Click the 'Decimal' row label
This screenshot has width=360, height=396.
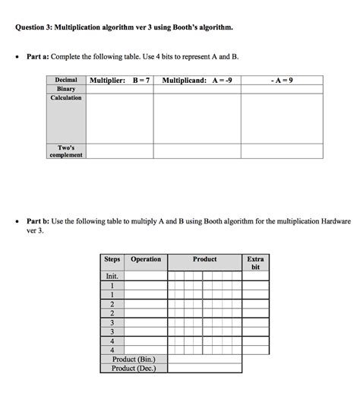pos(66,80)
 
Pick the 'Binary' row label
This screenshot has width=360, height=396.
pos(66,89)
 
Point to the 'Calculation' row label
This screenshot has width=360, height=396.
pos(66,98)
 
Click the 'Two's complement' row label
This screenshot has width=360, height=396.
pos(66,151)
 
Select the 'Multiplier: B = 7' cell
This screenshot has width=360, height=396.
pos(120,80)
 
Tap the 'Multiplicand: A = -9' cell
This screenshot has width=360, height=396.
pos(197,80)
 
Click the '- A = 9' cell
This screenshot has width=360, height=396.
pos(282,80)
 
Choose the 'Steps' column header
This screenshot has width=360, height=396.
pos(112,259)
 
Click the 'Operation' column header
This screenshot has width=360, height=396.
pos(146,259)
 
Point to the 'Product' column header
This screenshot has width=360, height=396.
pos(204,259)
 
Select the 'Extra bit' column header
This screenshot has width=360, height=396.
pos(255,263)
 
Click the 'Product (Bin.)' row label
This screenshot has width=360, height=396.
pos(134,359)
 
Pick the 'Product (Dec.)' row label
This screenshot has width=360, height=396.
pos(134,368)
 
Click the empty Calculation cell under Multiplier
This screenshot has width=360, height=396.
pos(120,118)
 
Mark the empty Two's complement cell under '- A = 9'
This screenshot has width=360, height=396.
pos(282,151)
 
